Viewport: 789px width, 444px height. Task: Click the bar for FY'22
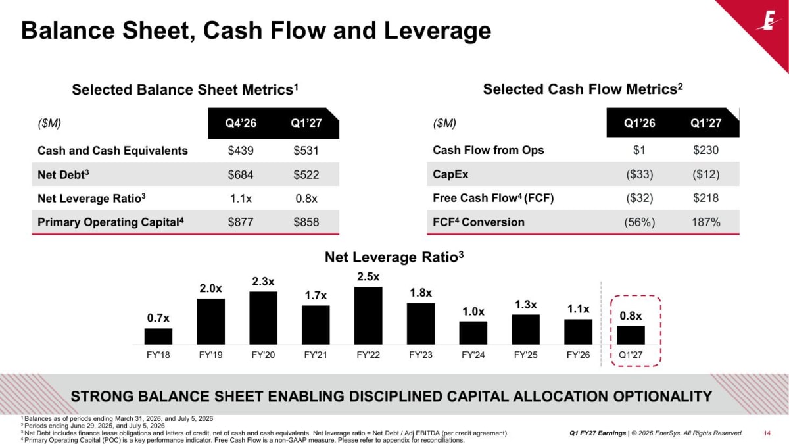[368, 315]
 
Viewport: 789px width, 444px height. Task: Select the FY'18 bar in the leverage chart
[158, 336]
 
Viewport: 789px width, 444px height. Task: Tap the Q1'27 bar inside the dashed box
[631, 335]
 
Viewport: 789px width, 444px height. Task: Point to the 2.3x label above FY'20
[263, 282]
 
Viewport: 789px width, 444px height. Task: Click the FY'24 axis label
[473, 355]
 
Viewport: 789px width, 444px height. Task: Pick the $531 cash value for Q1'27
[306, 151]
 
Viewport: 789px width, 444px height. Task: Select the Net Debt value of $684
[241, 174]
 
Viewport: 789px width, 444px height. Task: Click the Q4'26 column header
[241, 123]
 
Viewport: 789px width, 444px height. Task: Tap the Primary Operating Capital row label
[110, 222]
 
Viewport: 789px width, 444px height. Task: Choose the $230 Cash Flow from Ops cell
[706, 150]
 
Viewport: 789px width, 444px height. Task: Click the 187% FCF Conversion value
[706, 222]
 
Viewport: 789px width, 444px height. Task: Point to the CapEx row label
[450, 174]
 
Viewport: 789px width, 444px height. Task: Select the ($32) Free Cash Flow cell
[640, 198]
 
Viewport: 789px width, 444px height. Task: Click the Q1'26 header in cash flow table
[640, 123]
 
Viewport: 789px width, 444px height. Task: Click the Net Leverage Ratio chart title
[394, 257]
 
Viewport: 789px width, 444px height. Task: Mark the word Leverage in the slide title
[437, 31]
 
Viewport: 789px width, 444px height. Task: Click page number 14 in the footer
[767, 433]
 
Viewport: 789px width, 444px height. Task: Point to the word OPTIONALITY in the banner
[663, 397]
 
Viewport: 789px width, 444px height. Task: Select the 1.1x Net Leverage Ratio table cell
[241, 199]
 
